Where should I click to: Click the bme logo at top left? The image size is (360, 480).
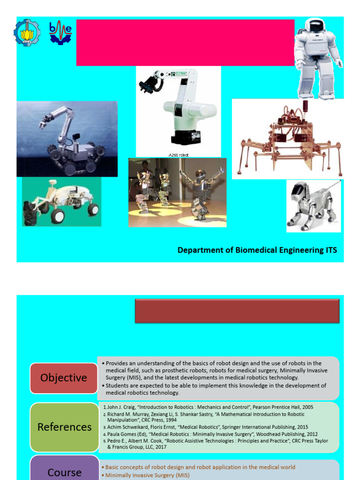point(60,32)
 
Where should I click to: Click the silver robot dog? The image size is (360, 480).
point(310,205)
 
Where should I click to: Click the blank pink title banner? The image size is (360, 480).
point(185,42)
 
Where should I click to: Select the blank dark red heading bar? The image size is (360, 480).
point(237,311)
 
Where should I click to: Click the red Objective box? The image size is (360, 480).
point(63,378)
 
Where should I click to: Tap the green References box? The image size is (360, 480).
point(64,427)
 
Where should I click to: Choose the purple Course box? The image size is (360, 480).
point(64,471)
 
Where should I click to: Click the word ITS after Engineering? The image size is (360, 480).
point(331,250)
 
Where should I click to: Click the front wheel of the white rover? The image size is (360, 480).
point(57,216)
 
